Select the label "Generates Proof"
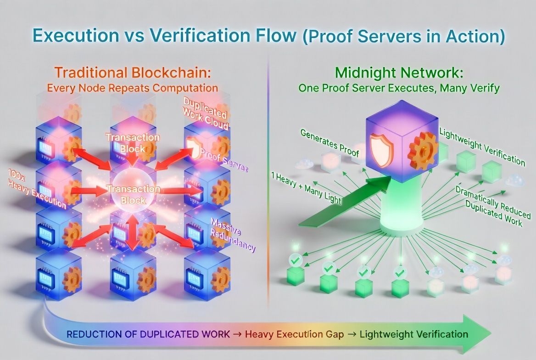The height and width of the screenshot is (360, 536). click(x=329, y=143)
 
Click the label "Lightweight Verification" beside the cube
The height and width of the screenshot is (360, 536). click(x=482, y=146)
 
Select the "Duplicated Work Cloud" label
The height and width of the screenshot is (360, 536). click(x=205, y=112)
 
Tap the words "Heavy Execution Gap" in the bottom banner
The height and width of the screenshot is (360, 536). click(x=294, y=334)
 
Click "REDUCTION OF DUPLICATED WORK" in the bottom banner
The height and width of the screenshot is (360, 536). click(x=148, y=334)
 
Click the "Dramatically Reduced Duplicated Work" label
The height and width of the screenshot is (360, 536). click(x=490, y=206)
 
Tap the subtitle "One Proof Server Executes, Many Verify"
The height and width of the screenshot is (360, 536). click(x=398, y=88)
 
